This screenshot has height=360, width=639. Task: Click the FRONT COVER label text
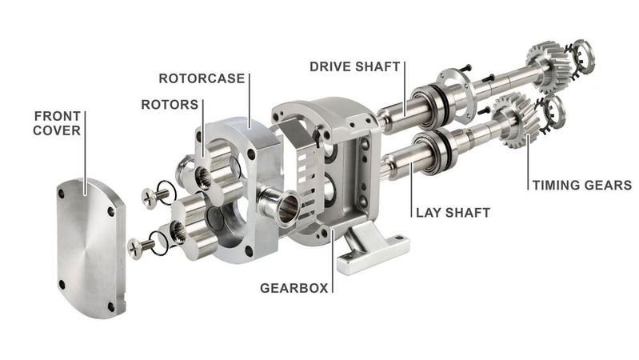click(x=57, y=122)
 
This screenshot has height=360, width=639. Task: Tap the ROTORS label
click(x=170, y=105)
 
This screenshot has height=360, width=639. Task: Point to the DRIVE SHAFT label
click(x=354, y=66)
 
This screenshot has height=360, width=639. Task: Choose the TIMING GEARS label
click(x=581, y=186)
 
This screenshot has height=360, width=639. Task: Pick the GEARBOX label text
click(x=294, y=287)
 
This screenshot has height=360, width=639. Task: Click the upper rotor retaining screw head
click(x=148, y=195)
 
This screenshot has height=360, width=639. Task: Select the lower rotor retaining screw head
click(x=134, y=248)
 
